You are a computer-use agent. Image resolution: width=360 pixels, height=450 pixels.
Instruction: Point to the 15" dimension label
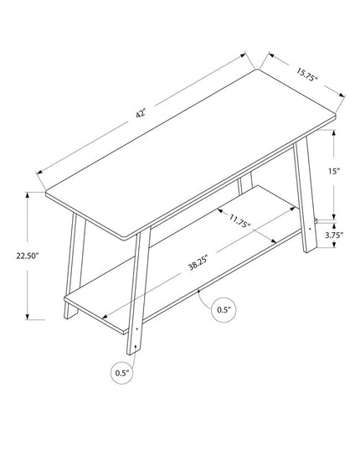[332, 171]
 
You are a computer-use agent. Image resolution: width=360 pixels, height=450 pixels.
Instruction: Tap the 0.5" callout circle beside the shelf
[223, 309]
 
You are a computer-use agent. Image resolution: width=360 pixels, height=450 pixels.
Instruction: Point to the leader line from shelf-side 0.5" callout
[207, 299]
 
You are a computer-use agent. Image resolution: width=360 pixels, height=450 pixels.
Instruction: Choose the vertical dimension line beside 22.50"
[29, 256]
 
